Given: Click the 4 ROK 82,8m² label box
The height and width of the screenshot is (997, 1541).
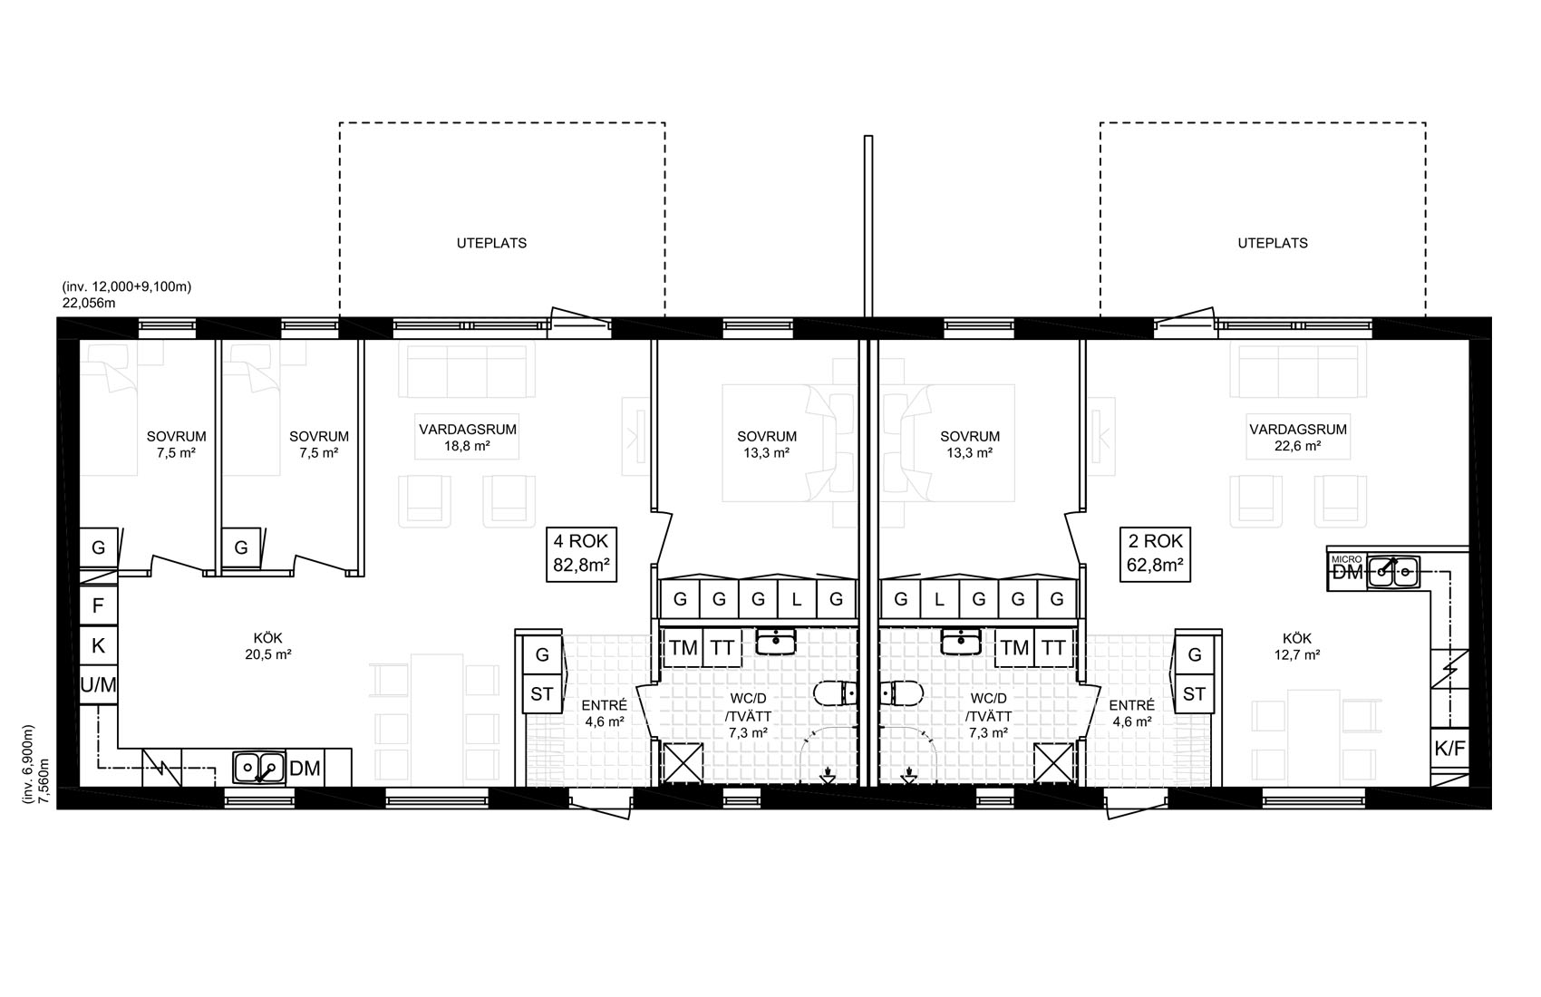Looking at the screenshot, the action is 581,555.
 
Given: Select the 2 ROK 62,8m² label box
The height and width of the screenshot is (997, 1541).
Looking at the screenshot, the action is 1155,555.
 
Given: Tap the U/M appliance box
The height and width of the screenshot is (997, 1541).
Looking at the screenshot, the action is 99,684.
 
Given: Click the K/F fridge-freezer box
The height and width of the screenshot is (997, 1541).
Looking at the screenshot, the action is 1449,749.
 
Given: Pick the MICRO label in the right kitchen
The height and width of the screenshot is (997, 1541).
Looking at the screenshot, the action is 1346,559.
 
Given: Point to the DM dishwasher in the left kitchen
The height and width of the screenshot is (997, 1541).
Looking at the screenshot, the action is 305,768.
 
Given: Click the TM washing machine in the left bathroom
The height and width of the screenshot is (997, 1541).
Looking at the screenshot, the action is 683,647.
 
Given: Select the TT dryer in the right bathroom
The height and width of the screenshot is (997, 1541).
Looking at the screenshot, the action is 1053,647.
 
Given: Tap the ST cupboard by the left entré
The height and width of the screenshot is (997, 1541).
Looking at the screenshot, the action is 542,693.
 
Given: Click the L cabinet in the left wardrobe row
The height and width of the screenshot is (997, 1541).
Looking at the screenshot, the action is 797,598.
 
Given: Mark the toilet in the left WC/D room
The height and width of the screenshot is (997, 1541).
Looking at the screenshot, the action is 835,693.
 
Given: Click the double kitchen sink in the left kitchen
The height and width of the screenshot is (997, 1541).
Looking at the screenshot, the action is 258,768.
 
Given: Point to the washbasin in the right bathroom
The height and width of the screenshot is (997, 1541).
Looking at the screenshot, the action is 962,642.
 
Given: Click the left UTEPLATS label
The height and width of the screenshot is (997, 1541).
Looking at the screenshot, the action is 492,243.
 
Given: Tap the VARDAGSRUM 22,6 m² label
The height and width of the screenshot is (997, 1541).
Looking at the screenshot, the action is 1298,437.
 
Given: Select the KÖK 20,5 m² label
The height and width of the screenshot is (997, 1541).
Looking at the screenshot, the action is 268,646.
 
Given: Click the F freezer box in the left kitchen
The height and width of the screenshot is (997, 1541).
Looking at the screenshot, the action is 99,605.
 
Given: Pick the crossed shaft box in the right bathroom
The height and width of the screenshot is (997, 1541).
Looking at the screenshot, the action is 1053,763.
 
